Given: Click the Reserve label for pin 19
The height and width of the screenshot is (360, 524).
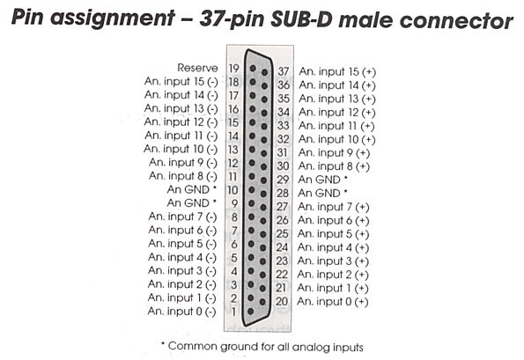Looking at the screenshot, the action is [197, 68].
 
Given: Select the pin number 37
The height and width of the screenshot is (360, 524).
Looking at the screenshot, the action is [284, 71].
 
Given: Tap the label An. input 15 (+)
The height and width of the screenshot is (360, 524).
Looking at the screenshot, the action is [337, 72].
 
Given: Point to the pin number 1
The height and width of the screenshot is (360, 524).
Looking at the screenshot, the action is [234, 312].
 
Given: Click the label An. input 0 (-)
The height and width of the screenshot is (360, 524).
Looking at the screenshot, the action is [181, 312].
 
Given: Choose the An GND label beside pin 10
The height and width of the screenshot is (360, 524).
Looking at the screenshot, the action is [191, 189].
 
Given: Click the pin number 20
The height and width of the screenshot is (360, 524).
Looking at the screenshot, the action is [282, 302].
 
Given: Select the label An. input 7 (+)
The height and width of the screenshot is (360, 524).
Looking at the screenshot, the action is [333, 207].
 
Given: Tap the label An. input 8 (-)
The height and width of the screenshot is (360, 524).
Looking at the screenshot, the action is [183, 176].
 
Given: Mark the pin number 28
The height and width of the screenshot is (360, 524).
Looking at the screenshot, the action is [283, 194].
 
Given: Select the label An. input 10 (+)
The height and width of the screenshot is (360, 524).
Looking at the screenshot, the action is [336, 140].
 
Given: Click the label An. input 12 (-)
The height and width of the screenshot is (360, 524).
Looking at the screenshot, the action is [181, 121].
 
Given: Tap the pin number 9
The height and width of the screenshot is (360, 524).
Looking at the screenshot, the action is [234, 203].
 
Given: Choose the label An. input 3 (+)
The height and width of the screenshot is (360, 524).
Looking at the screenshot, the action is [333, 261].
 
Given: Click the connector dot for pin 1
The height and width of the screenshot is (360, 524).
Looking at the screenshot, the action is [251, 312].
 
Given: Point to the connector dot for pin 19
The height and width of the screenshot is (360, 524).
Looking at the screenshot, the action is [253, 68].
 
